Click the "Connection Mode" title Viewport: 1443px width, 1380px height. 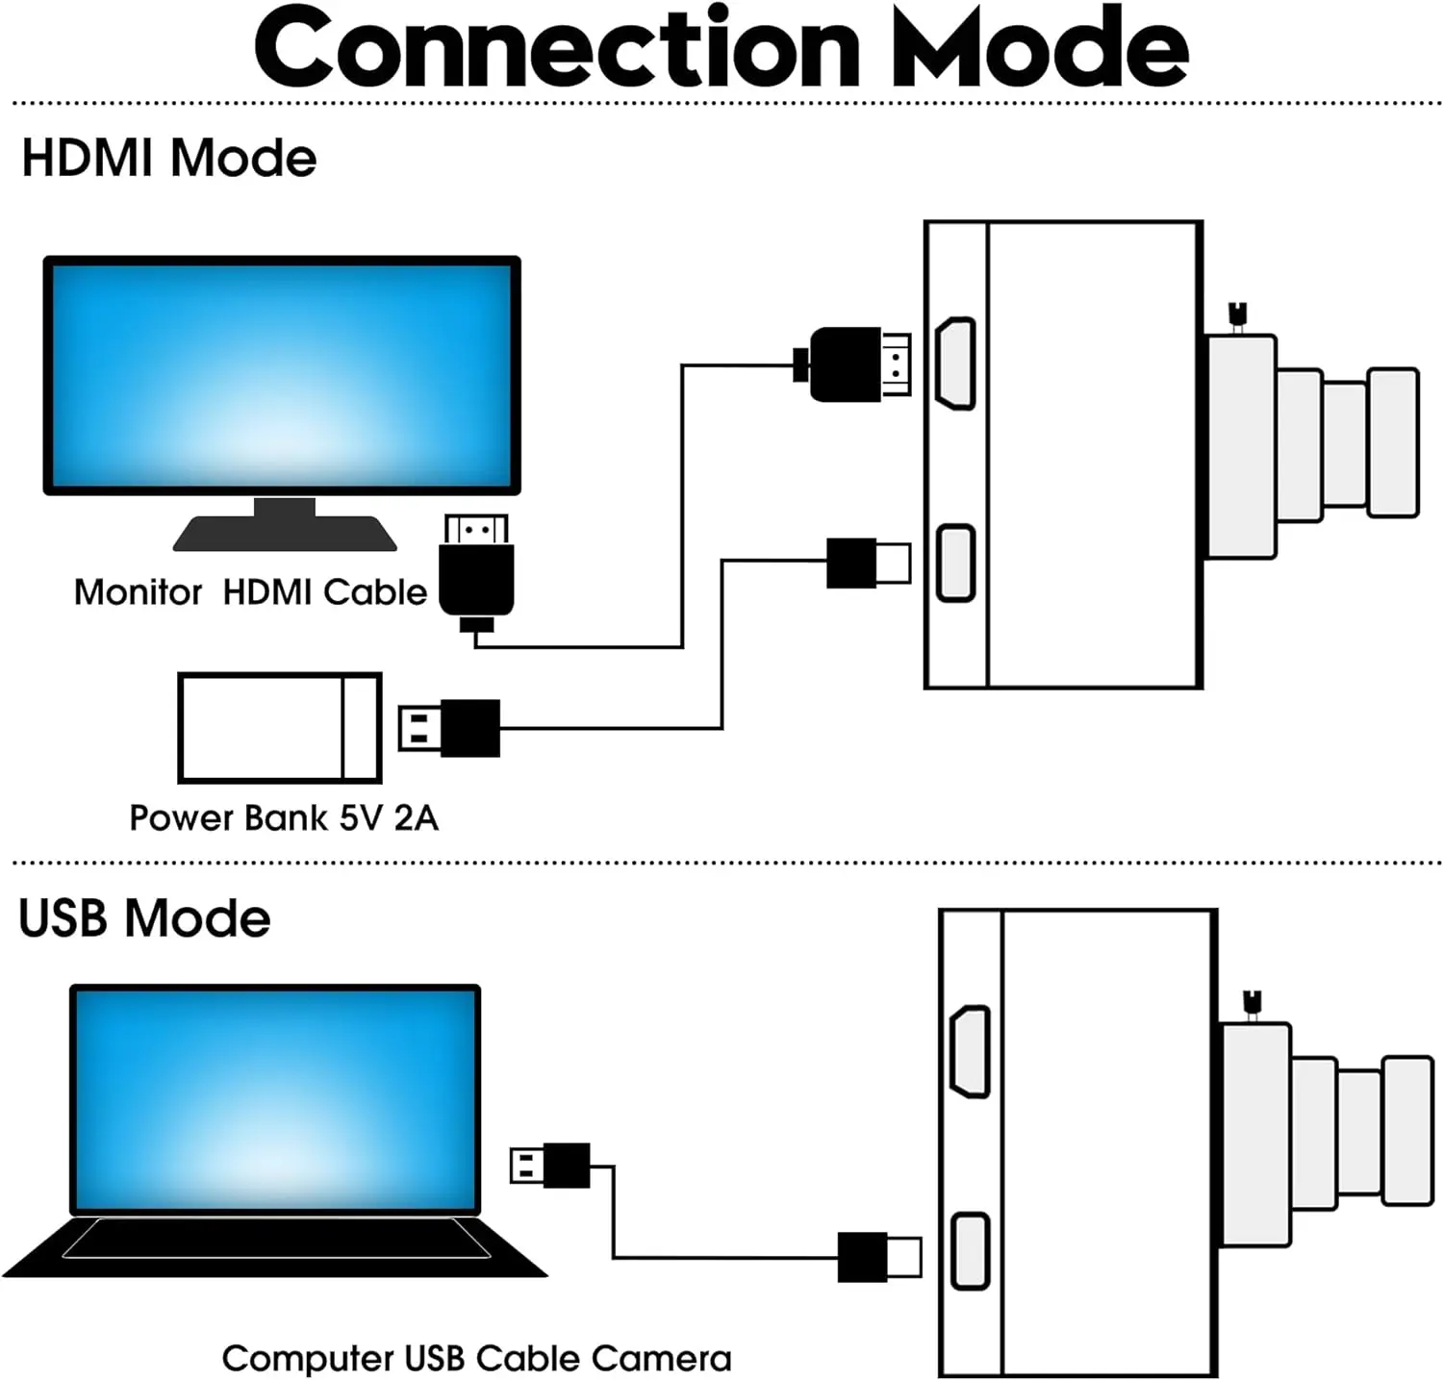coord(721,48)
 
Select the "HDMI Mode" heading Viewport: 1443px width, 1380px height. coord(168,159)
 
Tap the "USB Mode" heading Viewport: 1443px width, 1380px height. coord(144,918)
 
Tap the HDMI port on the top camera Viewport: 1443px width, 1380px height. coord(956,364)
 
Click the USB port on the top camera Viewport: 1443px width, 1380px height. coord(956,563)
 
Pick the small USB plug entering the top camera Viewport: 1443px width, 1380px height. coord(866,563)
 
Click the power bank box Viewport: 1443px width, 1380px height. coord(280,728)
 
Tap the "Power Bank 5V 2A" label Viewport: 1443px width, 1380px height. coord(284,818)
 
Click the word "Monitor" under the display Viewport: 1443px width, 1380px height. coord(138,592)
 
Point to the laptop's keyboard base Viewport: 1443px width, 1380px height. coord(275,1246)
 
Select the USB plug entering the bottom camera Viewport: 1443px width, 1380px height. coord(877,1257)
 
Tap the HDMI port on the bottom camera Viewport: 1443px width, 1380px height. coord(970,1052)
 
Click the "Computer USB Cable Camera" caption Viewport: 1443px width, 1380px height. coord(476,1359)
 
